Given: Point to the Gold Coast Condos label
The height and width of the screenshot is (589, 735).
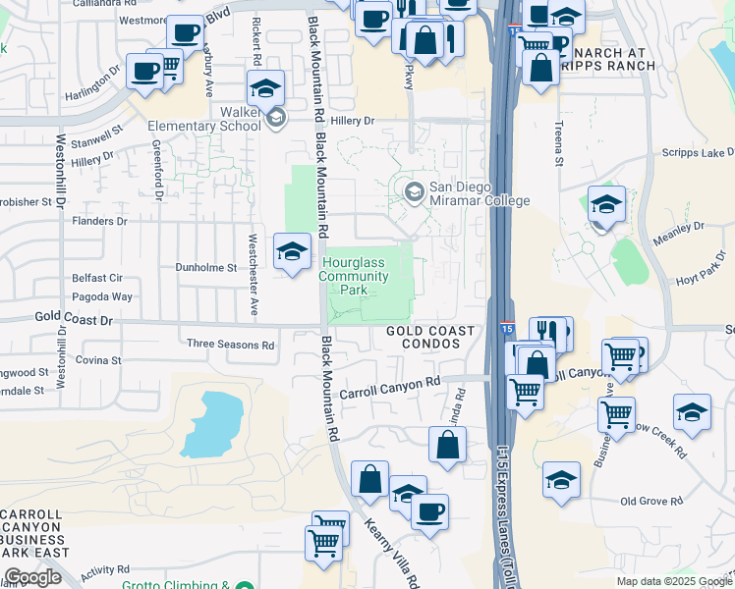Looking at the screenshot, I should (430, 338).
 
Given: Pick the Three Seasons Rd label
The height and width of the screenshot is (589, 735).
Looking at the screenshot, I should (230, 345).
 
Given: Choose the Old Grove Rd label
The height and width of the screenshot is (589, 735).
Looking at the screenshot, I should (658, 501).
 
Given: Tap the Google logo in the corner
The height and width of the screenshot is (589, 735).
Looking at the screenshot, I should (32, 577).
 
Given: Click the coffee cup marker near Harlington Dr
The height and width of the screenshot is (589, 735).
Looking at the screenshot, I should (144, 72).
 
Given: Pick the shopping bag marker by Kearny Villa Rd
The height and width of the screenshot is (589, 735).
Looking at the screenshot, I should (370, 480).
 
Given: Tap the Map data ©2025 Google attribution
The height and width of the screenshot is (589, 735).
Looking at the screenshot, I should (673, 581).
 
